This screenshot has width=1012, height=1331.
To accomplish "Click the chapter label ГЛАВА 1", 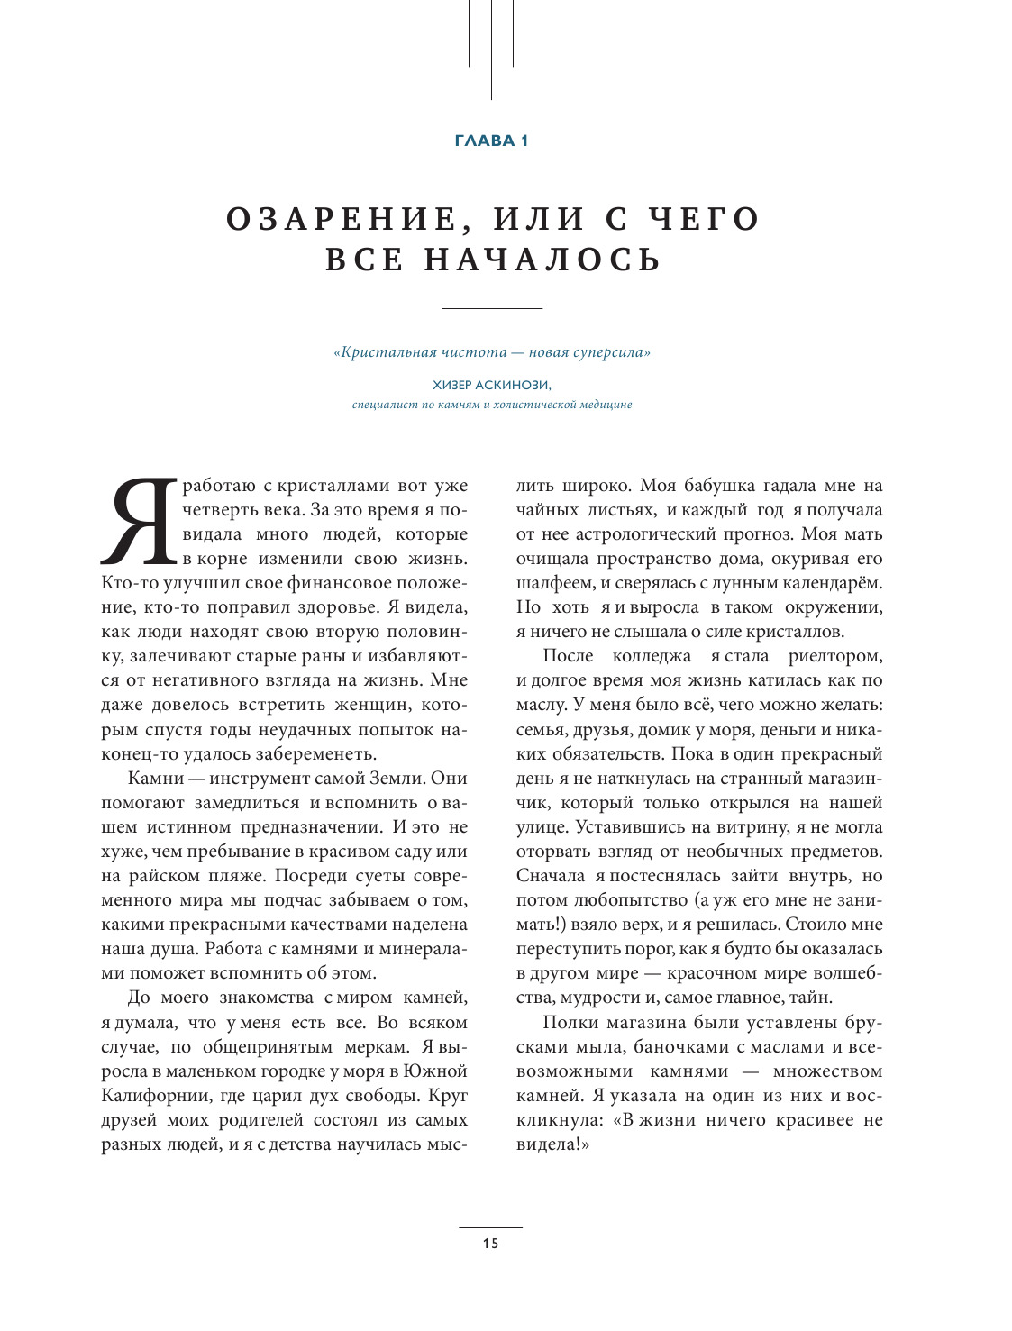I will click(491, 141).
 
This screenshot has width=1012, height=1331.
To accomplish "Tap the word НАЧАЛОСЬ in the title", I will click(543, 260).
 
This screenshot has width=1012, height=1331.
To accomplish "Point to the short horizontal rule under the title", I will click(491, 309).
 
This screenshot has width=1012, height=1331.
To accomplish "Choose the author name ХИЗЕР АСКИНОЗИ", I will click(491, 385).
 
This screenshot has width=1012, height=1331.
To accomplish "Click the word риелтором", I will click(835, 656).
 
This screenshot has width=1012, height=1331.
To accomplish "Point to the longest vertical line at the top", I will click(491, 50).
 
